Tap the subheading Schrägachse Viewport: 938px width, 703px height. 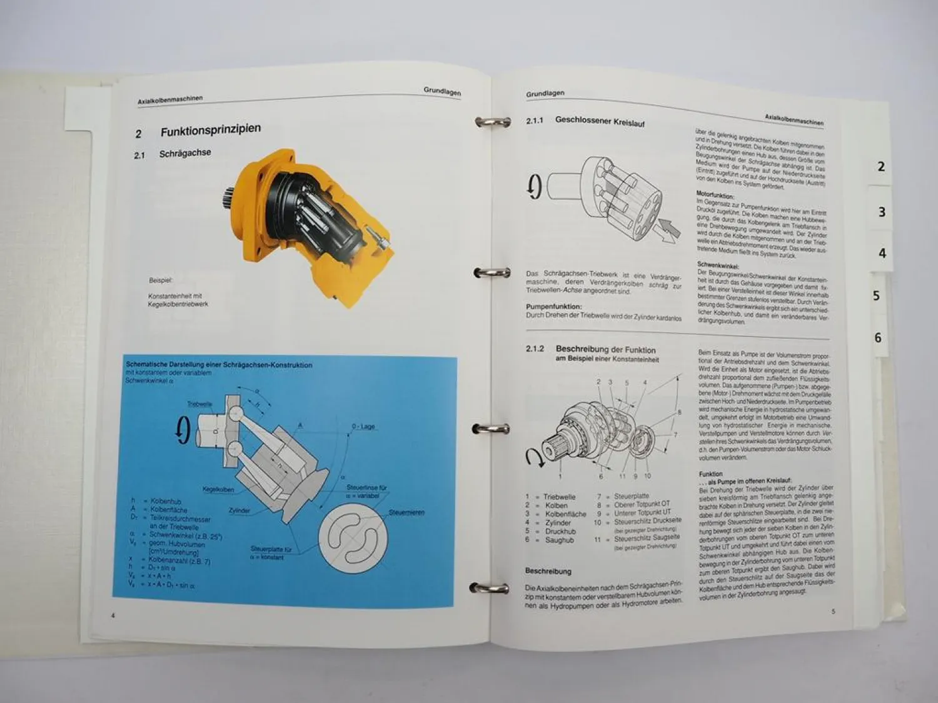click(185, 153)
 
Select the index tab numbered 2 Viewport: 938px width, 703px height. click(881, 167)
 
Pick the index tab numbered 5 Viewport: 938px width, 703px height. click(876, 296)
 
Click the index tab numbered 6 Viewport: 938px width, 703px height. click(878, 338)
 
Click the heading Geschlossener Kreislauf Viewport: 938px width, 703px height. click(600, 121)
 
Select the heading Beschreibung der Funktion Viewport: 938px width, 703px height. click(605, 350)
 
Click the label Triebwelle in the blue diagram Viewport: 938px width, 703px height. click(199, 404)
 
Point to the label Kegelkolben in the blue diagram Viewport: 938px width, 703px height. click(218, 489)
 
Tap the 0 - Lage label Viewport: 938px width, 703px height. click(363, 427)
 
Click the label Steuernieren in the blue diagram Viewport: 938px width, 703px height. click(406, 512)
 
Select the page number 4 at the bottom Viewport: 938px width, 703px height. click(113, 616)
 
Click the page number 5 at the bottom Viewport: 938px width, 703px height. click(833, 611)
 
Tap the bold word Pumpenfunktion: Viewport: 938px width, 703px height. click(553, 307)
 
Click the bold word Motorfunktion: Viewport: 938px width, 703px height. click(715, 196)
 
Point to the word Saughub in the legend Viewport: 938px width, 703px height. click(559, 540)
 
